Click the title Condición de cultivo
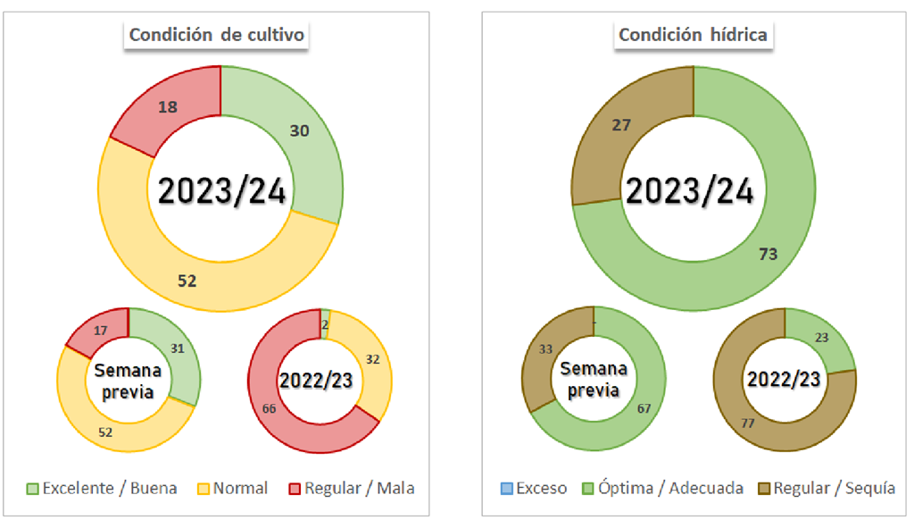217,35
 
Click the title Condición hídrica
693,35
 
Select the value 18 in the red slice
168,107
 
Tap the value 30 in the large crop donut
299,130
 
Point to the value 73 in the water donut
768,254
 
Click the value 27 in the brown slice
622,125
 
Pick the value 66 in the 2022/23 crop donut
269,407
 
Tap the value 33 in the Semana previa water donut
546,350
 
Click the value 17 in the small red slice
101,331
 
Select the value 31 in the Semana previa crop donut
177,348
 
